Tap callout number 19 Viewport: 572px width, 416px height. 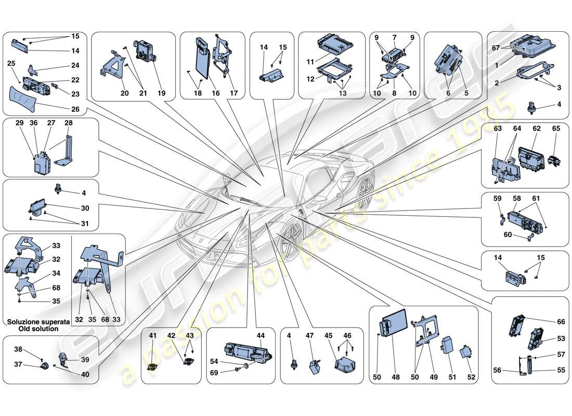tap(162, 93)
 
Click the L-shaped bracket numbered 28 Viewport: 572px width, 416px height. tap(65, 151)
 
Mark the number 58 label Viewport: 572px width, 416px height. tap(516, 198)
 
